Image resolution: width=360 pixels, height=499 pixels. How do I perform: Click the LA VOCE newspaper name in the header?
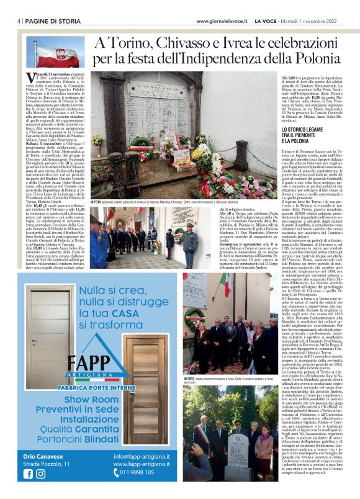coord(267,20)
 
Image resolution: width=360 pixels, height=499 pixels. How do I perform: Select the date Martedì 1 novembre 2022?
coord(317,20)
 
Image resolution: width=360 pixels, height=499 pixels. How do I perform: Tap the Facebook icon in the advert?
coord(28,473)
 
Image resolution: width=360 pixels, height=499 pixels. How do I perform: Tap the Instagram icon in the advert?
coord(40,473)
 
